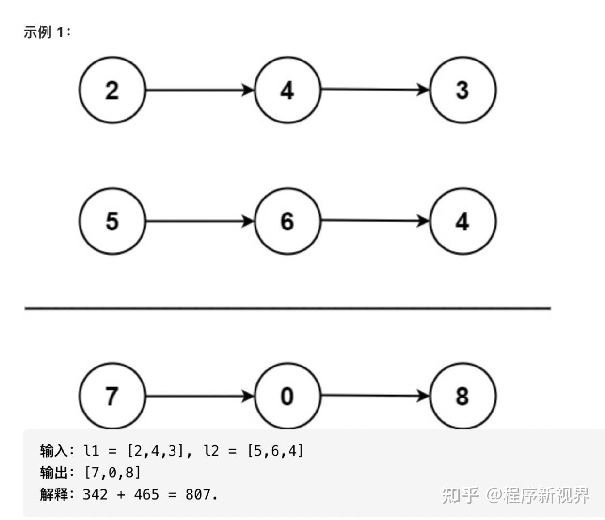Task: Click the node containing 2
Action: pyautogui.click(x=112, y=90)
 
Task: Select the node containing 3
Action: pyautogui.click(x=462, y=90)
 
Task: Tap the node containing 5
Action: pyautogui.click(x=112, y=221)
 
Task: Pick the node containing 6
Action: pyautogui.click(x=287, y=221)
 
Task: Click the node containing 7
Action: pyautogui.click(x=112, y=396)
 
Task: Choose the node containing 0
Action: pyautogui.click(x=287, y=396)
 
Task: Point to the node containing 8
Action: pyautogui.click(x=462, y=396)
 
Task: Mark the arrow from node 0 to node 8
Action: pyautogui.click(x=375, y=396)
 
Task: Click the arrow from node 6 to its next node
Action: pyautogui.click(x=375, y=221)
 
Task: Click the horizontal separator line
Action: pyautogui.click(x=287, y=308)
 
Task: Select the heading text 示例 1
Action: pyautogui.click(x=47, y=32)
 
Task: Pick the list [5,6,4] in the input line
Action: pyautogui.click(x=275, y=451)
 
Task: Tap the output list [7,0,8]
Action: pyautogui.click(x=112, y=473)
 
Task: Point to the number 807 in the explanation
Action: pyautogui.click(x=198, y=494)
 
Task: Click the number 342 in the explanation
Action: pyautogui.click(x=96, y=494)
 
